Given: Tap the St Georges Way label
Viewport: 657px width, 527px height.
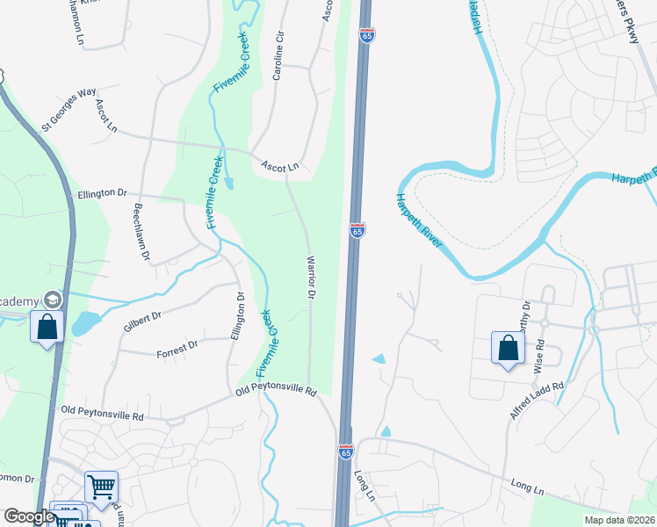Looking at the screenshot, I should pyautogui.click(x=69, y=109).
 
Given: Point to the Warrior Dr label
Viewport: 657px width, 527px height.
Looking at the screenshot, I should pyautogui.click(x=310, y=278).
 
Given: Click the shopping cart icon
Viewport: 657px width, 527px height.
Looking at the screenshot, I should pyautogui.click(x=101, y=485).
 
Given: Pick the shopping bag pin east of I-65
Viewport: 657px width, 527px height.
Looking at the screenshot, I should pyautogui.click(x=508, y=348).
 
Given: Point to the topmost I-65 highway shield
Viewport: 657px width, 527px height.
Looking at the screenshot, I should pyautogui.click(x=367, y=34).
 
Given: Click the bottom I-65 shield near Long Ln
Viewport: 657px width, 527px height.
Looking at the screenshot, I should pyautogui.click(x=345, y=451).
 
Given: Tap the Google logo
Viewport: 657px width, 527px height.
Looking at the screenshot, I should pyautogui.click(x=29, y=516).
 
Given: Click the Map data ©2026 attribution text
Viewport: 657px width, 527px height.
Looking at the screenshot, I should pyautogui.click(x=619, y=520).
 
